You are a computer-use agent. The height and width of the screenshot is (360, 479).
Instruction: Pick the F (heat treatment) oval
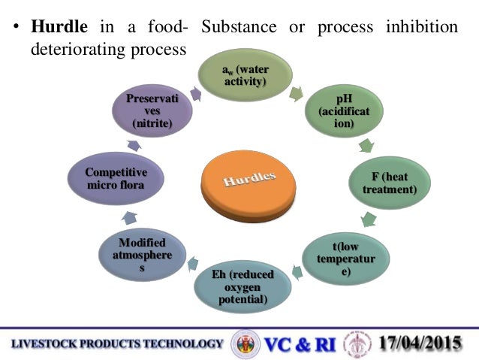[x=388, y=183]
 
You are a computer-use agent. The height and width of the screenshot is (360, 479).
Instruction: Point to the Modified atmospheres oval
[x=143, y=255]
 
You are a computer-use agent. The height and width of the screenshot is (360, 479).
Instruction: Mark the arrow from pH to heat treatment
[x=366, y=145]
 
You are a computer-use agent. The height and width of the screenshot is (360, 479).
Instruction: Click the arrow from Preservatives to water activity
[x=196, y=94]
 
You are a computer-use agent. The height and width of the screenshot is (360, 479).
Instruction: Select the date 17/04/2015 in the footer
[x=420, y=344]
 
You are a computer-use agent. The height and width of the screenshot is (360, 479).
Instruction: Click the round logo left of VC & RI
[x=244, y=344]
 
